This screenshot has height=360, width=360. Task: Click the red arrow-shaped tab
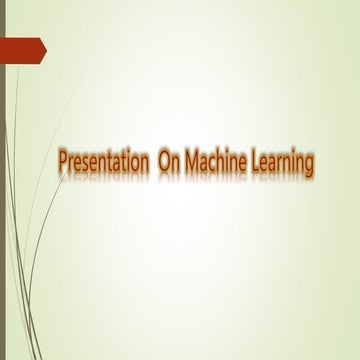point(22,48)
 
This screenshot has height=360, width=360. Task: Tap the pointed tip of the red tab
point(45,48)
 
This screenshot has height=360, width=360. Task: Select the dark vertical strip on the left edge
point(2,200)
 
